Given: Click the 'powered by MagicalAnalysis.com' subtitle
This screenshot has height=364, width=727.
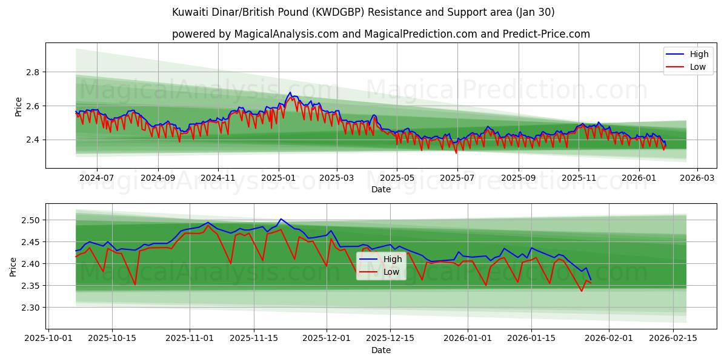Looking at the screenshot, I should click(x=380, y=34).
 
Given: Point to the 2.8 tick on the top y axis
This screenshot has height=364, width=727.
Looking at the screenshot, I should click(x=32, y=72).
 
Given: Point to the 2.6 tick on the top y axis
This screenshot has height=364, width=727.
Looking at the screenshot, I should click(x=32, y=106).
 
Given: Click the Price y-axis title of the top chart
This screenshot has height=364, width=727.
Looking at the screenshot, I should click(x=18, y=106).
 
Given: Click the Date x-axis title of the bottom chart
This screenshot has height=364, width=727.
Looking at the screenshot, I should click(x=380, y=351).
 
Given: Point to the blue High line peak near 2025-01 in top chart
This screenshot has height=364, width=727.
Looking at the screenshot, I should click(x=290, y=93).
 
